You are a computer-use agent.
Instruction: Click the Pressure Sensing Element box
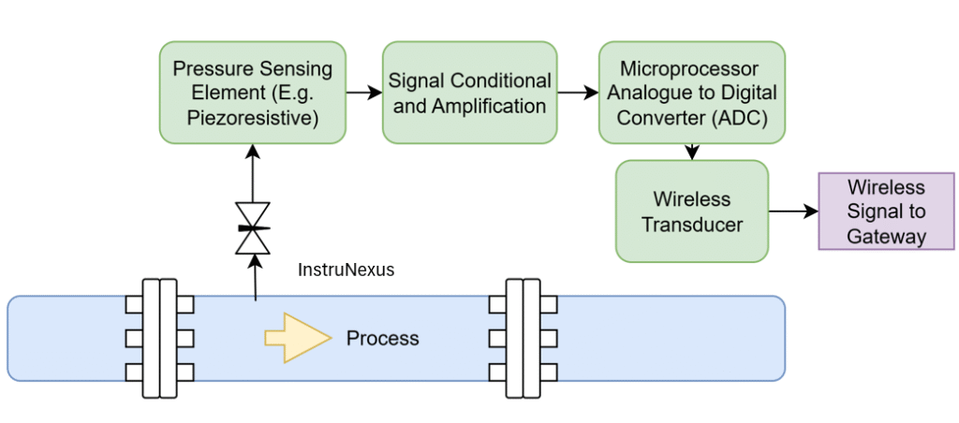(252, 93)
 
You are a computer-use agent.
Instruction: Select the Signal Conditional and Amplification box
(469, 93)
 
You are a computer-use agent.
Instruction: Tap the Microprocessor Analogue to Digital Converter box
(691, 93)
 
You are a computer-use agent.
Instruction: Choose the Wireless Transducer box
(691, 211)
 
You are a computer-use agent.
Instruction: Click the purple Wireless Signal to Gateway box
(886, 211)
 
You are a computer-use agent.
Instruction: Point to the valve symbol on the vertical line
(252, 228)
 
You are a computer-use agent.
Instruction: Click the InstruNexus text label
(346, 270)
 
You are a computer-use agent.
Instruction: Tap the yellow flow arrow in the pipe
(297, 338)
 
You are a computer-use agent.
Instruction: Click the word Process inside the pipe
(382, 338)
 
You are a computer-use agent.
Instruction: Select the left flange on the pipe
(159, 338)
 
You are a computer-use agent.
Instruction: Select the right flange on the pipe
(523, 338)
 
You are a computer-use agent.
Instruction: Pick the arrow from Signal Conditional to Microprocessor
(578, 93)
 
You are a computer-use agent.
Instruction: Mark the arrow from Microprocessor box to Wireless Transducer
(691, 152)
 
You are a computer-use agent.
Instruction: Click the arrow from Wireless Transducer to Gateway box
(793, 211)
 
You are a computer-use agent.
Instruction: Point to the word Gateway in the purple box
(886, 236)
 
